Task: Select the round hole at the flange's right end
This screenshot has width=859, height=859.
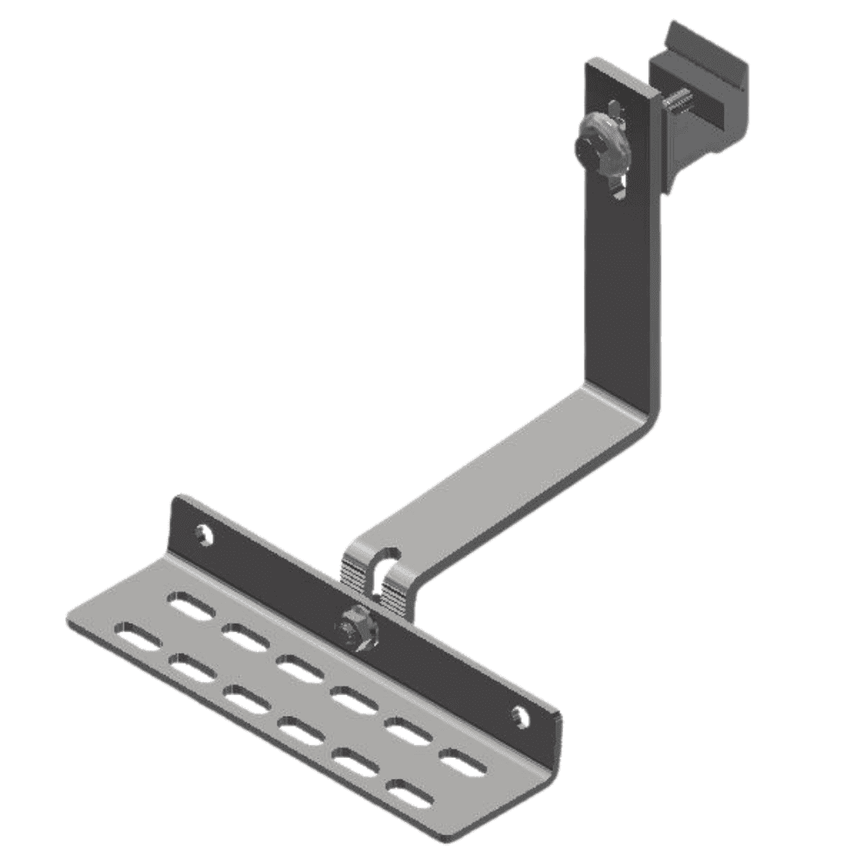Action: point(520,716)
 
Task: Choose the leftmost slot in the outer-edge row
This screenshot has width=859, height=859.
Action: point(137,637)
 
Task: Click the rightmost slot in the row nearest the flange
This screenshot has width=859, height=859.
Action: point(463,764)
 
